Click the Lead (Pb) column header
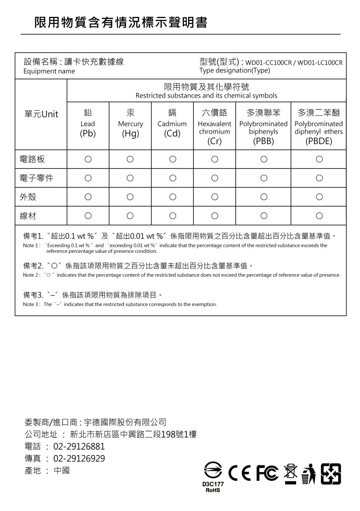point(88,124)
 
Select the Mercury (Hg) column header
point(130,124)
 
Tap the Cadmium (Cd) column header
point(172,124)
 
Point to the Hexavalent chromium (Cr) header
point(214,127)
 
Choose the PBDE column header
point(319,127)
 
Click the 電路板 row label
point(33,159)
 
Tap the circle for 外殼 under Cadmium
point(172,197)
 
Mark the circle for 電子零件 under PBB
point(263,178)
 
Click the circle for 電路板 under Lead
point(88,159)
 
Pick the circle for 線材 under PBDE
point(319,216)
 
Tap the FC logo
point(267,474)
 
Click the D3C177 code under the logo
point(213,485)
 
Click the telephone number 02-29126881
point(79,447)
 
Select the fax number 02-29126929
point(79,459)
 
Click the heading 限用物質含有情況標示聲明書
point(121,22)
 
